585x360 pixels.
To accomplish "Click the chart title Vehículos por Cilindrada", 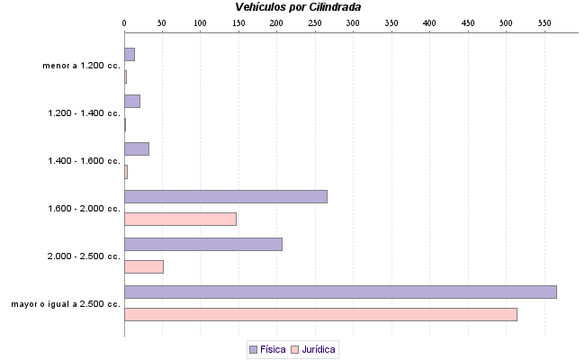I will pos(298,7).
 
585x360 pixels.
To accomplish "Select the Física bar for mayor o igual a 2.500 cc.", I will pos(340,292).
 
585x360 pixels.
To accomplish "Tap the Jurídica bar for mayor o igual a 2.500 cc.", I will pos(320,314).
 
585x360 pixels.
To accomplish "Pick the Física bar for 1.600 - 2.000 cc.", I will pos(225,196).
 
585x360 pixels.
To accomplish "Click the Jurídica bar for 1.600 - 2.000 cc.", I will pos(180,219).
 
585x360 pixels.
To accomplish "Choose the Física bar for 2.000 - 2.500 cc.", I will pos(202,244).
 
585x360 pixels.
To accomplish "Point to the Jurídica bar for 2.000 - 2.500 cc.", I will pos(143,266).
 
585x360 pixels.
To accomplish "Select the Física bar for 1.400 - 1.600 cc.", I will pos(136,148).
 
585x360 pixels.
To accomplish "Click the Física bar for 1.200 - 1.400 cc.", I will pos(131,101).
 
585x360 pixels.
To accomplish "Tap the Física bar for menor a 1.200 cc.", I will pos(129,54).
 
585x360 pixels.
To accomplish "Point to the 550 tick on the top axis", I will pos(505,22).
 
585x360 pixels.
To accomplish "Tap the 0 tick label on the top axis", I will pos(124,22).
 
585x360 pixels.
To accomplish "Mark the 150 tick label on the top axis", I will pos(238,22).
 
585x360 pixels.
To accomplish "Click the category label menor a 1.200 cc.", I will pos(81,66).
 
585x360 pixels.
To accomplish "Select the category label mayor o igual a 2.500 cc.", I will pos(66,303).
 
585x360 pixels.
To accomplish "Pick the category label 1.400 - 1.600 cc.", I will pos(84,161).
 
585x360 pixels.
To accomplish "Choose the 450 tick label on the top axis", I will pos(428,22).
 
